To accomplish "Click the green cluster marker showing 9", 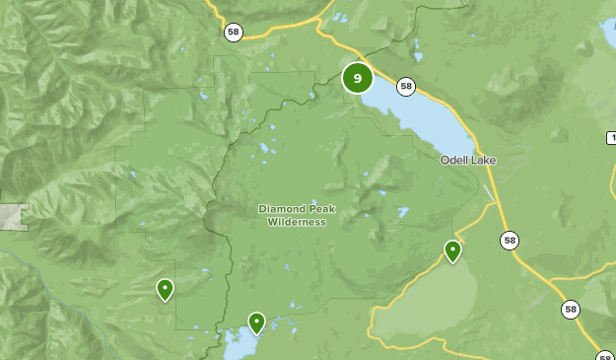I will (x=357, y=78).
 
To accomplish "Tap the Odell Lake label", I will (x=468, y=160).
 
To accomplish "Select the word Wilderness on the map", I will (x=296, y=222).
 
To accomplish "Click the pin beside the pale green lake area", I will (x=452, y=251).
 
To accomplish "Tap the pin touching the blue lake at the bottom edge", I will (x=256, y=322).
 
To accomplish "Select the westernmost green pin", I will (x=165, y=289).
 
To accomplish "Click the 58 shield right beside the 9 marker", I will (x=405, y=86).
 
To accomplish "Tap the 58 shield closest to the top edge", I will (x=233, y=32).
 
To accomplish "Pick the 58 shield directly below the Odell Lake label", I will (x=509, y=240).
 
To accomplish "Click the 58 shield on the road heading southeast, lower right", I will (x=571, y=309).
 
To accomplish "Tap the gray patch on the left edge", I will (x=12, y=217).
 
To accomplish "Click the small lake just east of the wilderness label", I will (x=402, y=211).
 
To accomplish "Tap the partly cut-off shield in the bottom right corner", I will (x=605, y=356).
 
